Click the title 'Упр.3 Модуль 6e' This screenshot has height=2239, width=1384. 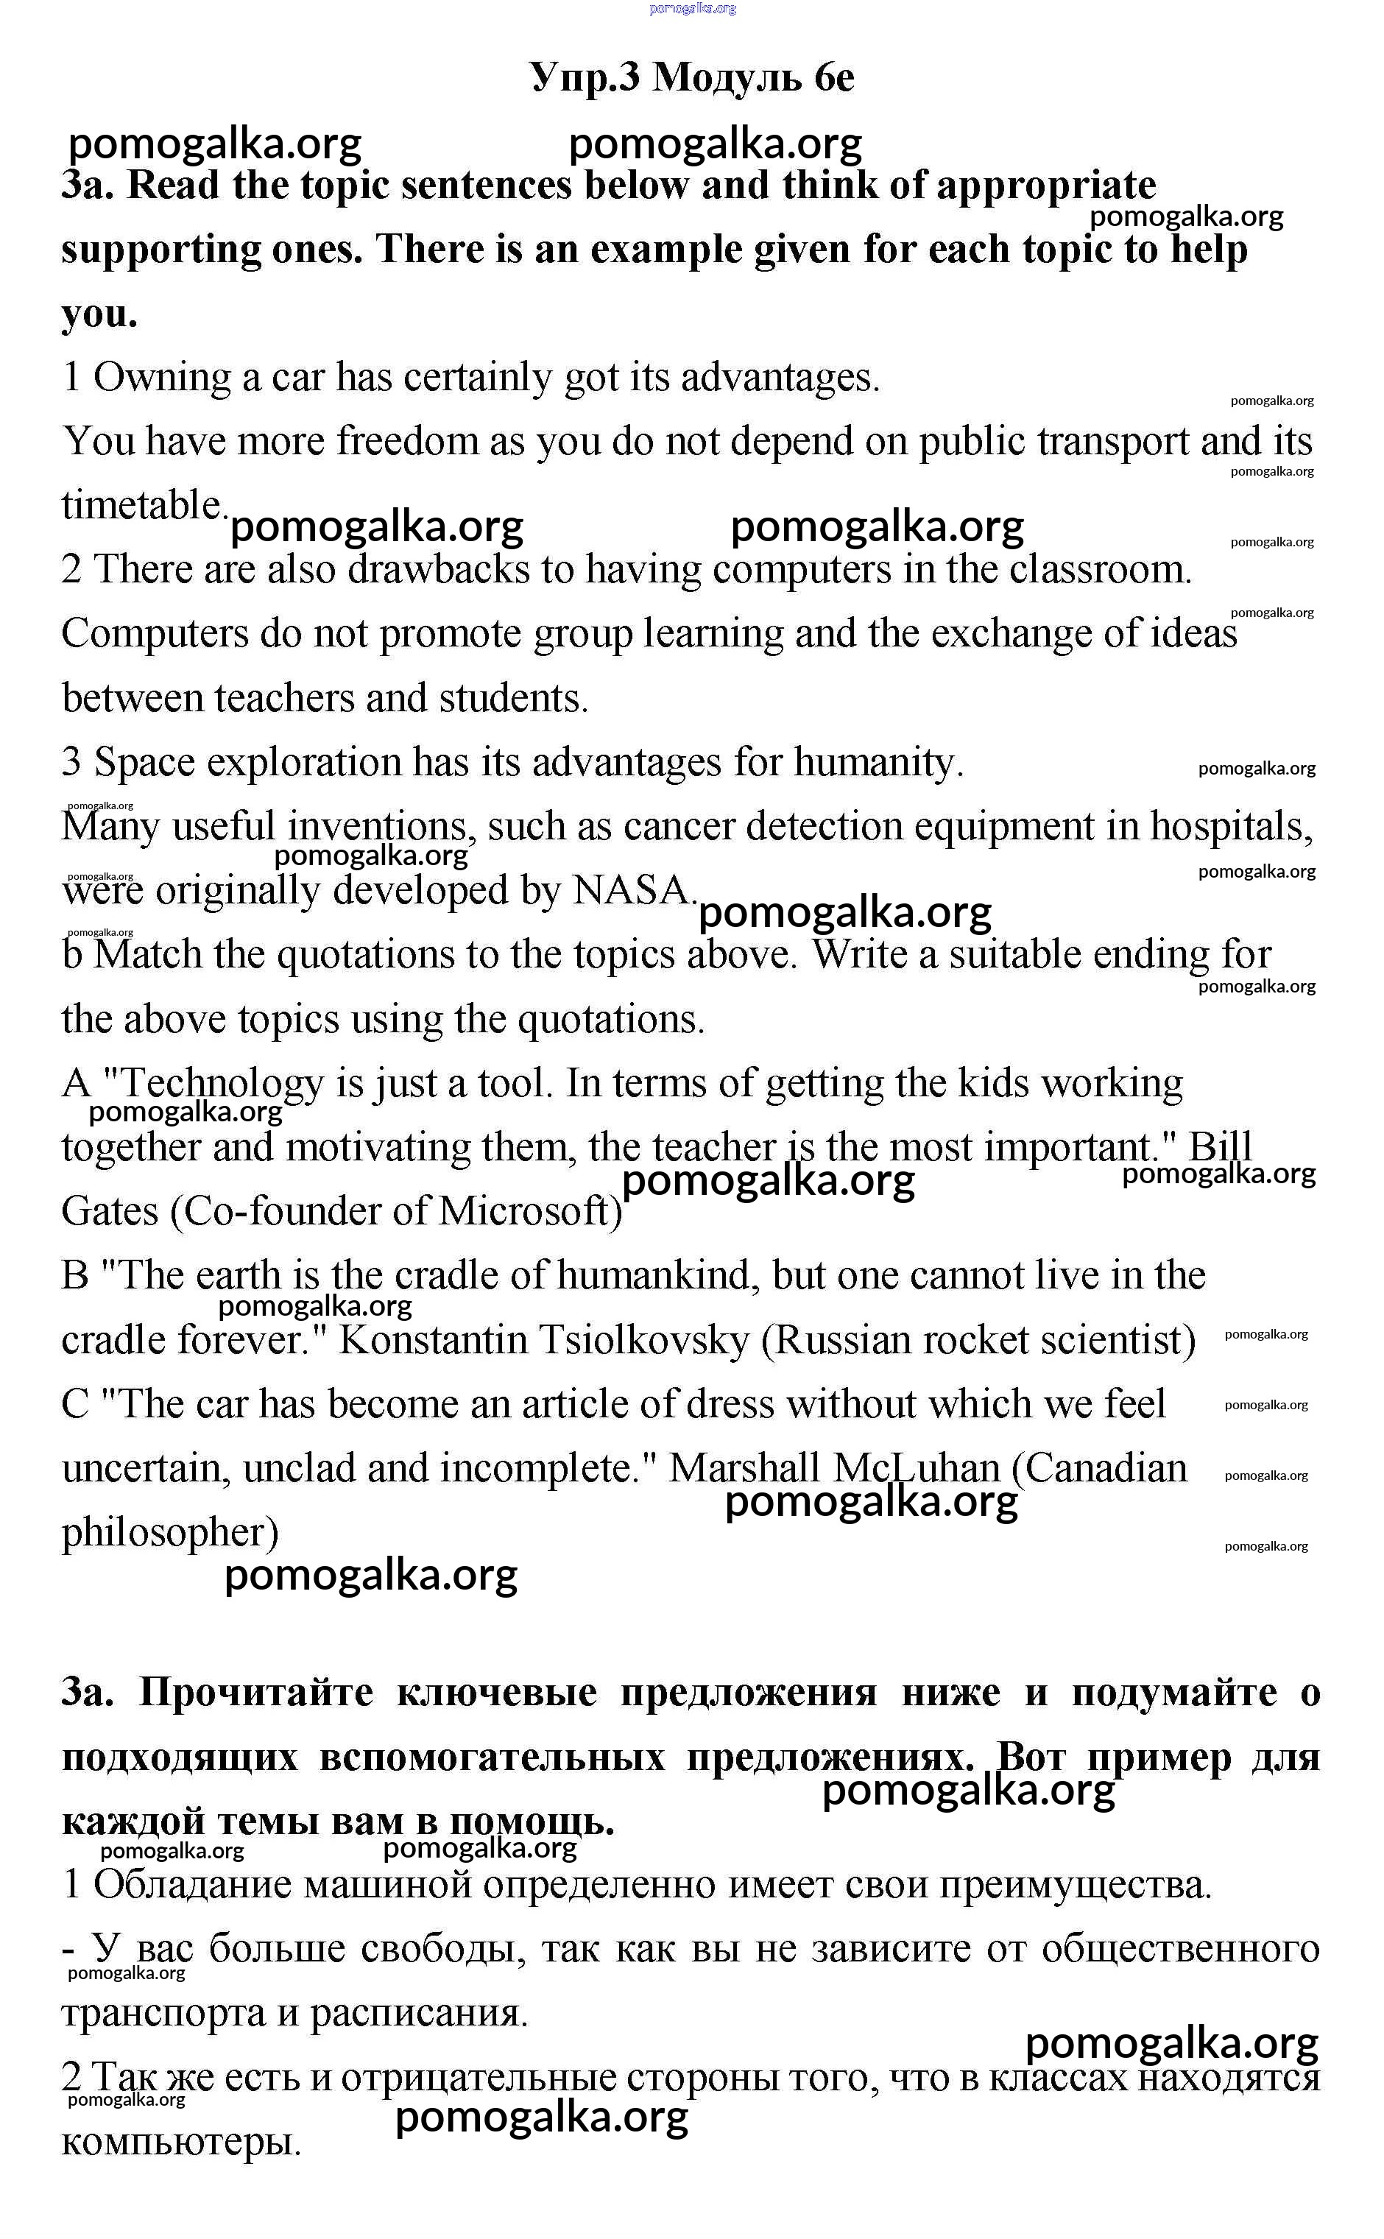[692, 78]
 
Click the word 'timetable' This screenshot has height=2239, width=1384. [142, 505]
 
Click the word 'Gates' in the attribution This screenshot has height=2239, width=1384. [110, 1212]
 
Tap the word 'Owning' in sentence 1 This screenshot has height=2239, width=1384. [163, 377]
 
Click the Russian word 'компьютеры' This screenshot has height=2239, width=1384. [180, 2142]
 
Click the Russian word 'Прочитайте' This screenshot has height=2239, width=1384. [256, 1693]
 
